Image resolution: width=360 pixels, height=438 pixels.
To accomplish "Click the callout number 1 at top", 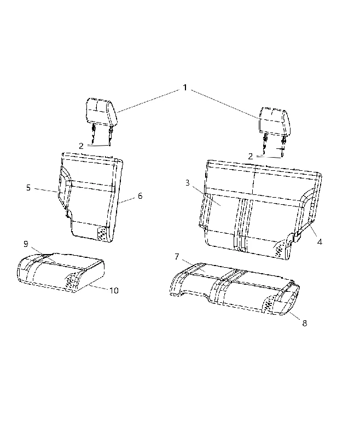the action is pyautogui.click(x=185, y=88).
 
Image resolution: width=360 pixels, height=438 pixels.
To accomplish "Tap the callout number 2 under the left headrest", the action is pyautogui.click(x=81, y=146).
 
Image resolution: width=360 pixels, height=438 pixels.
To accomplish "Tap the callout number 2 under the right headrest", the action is pyautogui.click(x=251, y=157).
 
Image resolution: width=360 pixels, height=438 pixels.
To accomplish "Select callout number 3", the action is pyautogui.click(x=187, y=183).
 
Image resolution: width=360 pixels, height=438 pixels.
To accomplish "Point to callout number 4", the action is pyautogui.click(x=320, y=242).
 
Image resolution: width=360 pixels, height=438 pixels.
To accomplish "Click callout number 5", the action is pyautogui.click(x=28, y=187).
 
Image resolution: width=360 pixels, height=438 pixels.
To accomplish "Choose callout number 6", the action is pyautogui.click(x=140, y=196).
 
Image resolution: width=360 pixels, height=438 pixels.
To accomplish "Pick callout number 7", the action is pyautogui.click(x=177, y=257).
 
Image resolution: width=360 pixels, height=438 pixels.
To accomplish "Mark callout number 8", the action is pyautogui.click(x=304, y=323).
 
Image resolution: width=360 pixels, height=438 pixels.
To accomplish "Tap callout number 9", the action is pyautogui.click(x=26, y=244).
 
